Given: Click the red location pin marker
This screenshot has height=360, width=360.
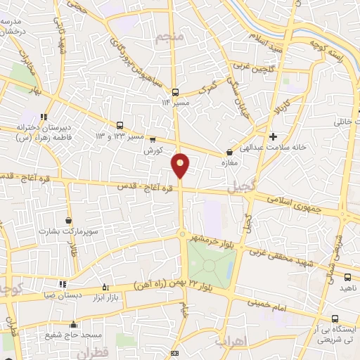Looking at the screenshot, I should click(181, 165).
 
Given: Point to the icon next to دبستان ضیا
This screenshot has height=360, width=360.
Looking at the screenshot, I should click(63, 284).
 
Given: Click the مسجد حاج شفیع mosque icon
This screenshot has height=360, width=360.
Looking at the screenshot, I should click(73, 325).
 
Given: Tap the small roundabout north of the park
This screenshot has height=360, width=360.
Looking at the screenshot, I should click(182, 234).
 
